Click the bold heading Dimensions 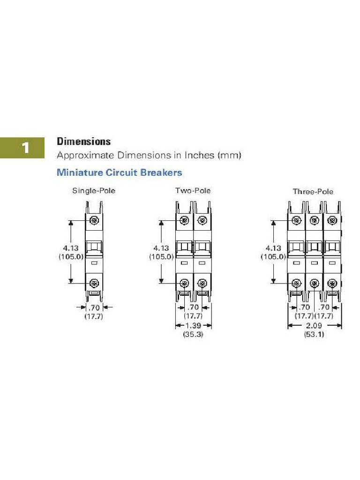coord(83,141)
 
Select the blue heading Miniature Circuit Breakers coord(119,172)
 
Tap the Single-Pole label coord(93,191)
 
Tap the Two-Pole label coord(193,191)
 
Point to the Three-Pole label coord(313,192)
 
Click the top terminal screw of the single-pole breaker coord(94,220)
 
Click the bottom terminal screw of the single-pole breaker coord(94,283)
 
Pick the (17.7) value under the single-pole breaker coord(94,316)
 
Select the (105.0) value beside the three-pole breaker coord(273,256)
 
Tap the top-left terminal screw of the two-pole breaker coord(184,220)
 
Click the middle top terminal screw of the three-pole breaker coord(314,220)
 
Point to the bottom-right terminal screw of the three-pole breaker coord(332,283)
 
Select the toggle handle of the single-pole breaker coord(94,247)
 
